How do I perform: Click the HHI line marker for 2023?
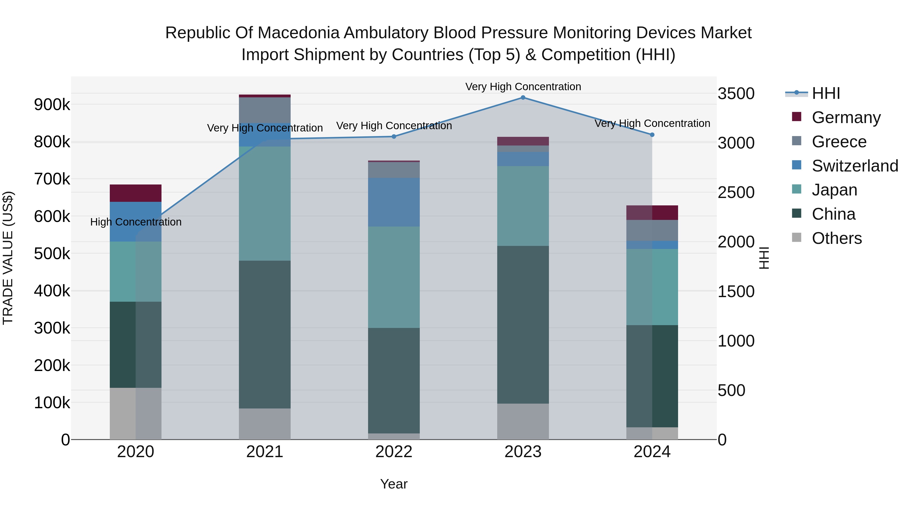tap(523, 98)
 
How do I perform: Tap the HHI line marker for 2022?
tap(394, 136)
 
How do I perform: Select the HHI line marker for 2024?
tap(652, 135)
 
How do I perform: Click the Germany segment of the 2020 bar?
tap(136, 193)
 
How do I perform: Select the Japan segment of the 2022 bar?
tap(394, 277)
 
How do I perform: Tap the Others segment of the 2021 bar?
tap(264, 424)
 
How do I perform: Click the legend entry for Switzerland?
tap(854, 166)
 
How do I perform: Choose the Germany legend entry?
tap(846, 117)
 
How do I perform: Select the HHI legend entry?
tap(826, 93)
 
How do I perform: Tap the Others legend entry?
tap(837, 238)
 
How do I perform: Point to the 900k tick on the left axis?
tap(52, 105)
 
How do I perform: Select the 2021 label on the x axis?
tap(264, 452)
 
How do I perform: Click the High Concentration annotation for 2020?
tap(136, 222)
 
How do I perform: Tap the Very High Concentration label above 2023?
tap(523, 87)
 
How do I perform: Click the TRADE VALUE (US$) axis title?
tap(8, 258)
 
